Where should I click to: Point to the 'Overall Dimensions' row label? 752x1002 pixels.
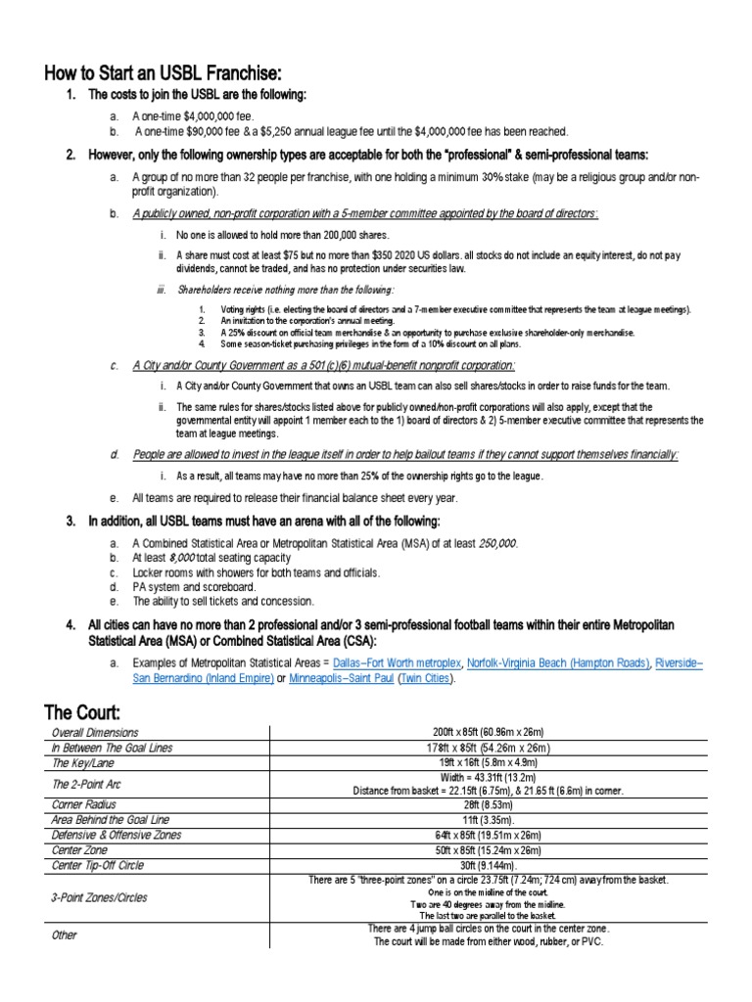click(95, 732)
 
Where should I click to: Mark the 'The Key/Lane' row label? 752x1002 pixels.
click(83, 762)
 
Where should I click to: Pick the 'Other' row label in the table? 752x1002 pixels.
click(65, 935)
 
